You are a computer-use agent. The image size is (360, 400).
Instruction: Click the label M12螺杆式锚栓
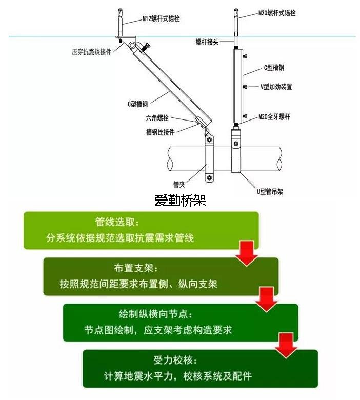pos(161,19)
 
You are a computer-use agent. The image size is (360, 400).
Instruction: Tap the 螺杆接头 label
pos(207,42)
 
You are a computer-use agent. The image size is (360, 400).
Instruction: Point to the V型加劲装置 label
pos(275,87)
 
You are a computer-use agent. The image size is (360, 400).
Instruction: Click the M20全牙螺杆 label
pos(274,117)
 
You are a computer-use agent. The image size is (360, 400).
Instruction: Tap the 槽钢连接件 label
pos(160,132)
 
